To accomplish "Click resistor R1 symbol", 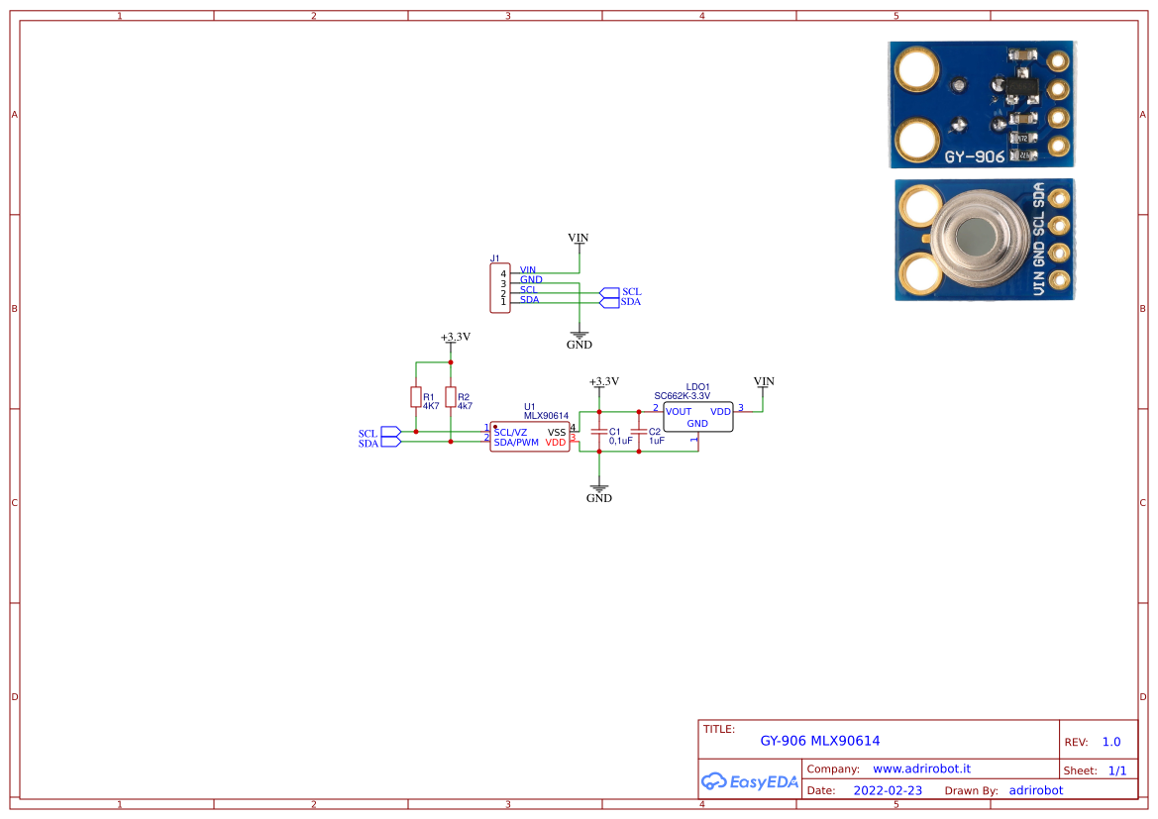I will [416, 398].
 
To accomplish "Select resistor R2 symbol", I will [451, 398].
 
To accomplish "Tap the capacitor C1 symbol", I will [598, 433].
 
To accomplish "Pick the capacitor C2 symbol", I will [639, 433].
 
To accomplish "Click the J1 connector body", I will [501, 287].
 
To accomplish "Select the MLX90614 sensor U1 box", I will [530, 438].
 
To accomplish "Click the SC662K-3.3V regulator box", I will [697, 417].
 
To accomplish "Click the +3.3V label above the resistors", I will [456, 337].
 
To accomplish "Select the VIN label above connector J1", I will [579, 238].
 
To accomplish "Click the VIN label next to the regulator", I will [764, 381].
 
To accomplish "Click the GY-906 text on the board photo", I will [974, 156].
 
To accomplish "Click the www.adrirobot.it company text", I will [921, 768].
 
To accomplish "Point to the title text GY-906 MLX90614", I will [819, 741].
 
